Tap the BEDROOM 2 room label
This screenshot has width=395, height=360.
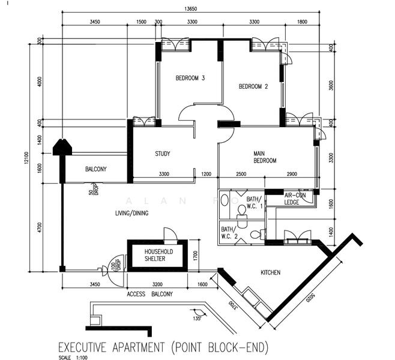253,86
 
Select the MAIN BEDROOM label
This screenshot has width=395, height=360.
265,157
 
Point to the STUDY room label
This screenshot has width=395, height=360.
162,154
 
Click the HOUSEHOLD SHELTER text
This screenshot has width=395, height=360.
151,256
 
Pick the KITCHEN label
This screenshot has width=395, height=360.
270,272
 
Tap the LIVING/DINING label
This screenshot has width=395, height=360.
131,213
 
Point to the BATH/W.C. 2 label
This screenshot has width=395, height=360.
229,232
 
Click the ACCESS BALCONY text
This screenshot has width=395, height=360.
149,294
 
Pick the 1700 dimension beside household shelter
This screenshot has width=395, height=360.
194,254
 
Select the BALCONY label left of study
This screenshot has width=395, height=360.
95,169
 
